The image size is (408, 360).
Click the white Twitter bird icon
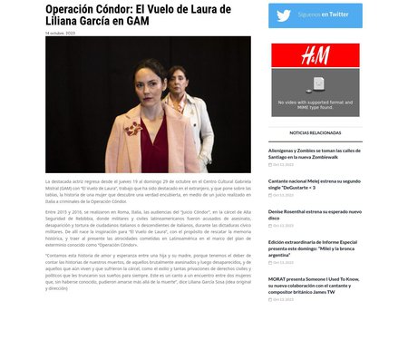click(x=284, y=15)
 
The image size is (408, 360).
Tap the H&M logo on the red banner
click(x=315, y=55)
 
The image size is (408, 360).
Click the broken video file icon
click(x=318, y=83)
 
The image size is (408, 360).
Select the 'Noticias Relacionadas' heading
click(x=316, y=132)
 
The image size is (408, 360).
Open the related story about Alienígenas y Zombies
click(x=314, y=154)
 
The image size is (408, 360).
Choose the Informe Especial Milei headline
click(x=314, y=246)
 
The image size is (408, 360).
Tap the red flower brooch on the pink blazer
click(x=133, y=128)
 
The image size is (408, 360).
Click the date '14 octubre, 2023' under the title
click(x=61, y=33)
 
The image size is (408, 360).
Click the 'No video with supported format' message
click(x=316, y=104)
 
